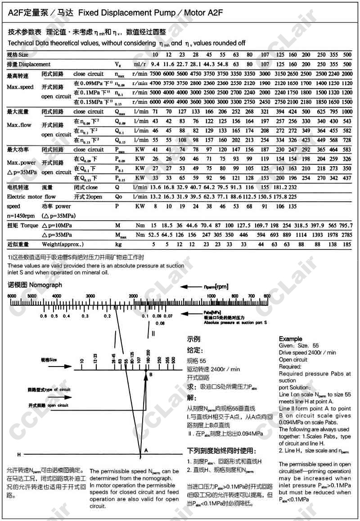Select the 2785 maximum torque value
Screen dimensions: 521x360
pyautogui.click(x=346, y=235)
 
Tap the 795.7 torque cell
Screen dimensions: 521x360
pyautogui.click(x=346, y=225)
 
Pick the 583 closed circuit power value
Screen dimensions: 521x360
pyautogui.click(x=347, y=150)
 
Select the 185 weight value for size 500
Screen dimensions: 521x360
pyautogui.click(x=347, y=244)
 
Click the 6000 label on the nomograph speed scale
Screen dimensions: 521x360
pyautogui.click(x=13, y=295)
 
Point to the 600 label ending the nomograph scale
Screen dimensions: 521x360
pyautogui.click(x=266, y=295)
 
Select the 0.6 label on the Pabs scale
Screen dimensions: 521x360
pyautogui.click(x=44, y=316)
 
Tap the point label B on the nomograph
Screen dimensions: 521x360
pyautogui.click(x=151, y=375)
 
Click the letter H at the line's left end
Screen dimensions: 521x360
pyautogui.click(x=18, y=454)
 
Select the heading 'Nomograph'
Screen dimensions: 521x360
pyautogui.click(x=46, y=285)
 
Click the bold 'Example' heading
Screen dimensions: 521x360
pyautogui.click(x=291, y=339)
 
